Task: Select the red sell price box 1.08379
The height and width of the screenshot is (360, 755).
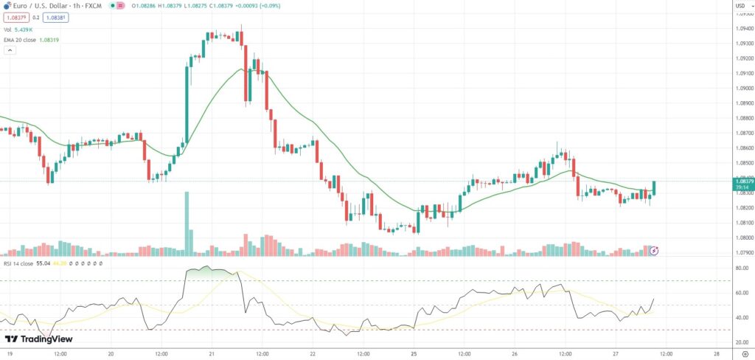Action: pyautogui.click(x=13, y=18)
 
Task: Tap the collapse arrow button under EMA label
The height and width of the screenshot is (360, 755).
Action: pyautogui.click(x=10, y=50)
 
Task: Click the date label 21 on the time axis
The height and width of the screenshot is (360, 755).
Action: pyautogui.click(x=212, y=353)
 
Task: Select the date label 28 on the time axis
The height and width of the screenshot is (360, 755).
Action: pyautogui.click(x=717, y=353)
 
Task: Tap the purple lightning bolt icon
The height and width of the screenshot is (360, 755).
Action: pyautogui.click(x=653, y=251)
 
